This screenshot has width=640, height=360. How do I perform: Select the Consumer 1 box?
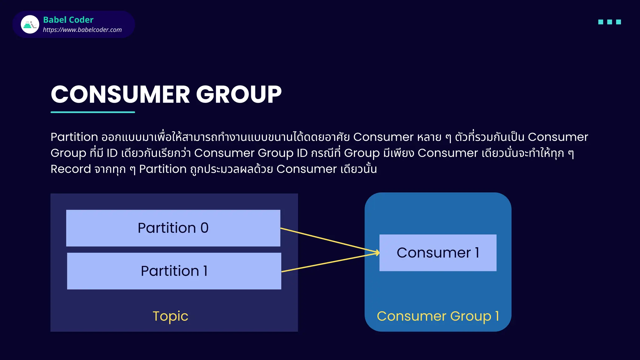(x=437, y=252)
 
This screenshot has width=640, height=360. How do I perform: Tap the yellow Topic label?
(x=170, y=316)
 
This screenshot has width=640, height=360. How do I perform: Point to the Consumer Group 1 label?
(x=437, y=316)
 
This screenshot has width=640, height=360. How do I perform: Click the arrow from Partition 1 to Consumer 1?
(x=328, y=262)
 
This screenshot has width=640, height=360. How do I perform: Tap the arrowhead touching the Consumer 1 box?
(x=377, y=252)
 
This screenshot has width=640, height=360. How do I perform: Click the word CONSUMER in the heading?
(x=120, y=94)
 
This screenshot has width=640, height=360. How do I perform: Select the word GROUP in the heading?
(x=239, y=94)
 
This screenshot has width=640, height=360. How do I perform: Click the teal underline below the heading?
(x=93, y=112)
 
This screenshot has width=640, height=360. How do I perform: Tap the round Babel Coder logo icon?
(x=30, y=24)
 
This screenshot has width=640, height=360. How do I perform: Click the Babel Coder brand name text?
(x=68, y=20)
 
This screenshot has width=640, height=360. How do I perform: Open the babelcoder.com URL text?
(x=82, y=30)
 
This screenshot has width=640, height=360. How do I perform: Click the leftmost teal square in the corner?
(x=601, y=22)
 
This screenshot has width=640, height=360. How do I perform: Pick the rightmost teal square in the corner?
(x=618, y=22)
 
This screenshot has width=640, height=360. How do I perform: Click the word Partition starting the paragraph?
(x=74, y=137)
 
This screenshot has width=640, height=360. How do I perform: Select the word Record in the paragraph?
(x=71, y=169)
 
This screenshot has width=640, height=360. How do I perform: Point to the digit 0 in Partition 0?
(x=204, y=228)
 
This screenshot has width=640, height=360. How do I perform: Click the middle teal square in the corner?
(x=609, y=22)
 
